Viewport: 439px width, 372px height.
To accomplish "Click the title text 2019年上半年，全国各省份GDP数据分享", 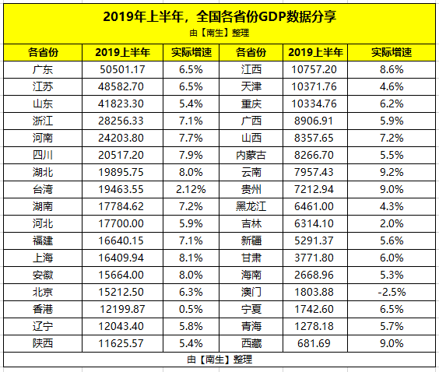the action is tap(219, 17).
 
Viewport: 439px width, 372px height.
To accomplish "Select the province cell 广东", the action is tap(43, 69).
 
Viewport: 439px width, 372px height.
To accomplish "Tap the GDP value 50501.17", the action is tap(122, 69).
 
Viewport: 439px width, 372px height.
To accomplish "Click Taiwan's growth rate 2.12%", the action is tap(191, 189).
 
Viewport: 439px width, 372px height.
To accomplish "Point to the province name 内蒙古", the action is tap(251, 155).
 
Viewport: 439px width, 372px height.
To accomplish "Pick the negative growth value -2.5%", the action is tap(392, 292).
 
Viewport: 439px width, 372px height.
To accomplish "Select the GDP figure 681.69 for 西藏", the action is tap(314, 343).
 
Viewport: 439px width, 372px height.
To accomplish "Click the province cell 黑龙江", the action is tap(251, 206).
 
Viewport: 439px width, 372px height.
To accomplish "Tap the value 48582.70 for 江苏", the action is tap(121, 86).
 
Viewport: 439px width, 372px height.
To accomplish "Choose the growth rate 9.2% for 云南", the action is tap(392, 172).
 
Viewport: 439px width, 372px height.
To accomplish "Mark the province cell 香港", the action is tap(43, 309).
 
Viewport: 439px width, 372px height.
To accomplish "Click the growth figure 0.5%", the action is tap(191, 309).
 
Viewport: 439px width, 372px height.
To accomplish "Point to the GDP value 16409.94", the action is tap(121, 258).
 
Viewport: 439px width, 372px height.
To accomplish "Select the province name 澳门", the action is tap(251, 292).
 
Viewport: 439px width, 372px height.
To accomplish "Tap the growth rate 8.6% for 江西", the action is tap(392, 69).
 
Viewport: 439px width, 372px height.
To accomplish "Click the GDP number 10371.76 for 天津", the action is tap(314, 86).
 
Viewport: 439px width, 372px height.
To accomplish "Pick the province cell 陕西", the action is tap(43, 343).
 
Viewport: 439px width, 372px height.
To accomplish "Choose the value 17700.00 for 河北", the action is tap(121, 223).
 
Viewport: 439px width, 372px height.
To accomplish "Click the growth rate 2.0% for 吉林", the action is tap(392, 223).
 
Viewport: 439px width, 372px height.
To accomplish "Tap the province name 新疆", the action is tap(251, 240).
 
